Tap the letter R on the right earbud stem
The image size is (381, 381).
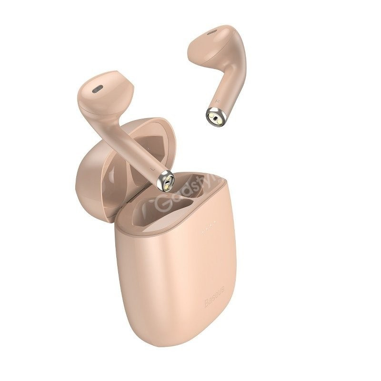(x=217, y=101)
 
